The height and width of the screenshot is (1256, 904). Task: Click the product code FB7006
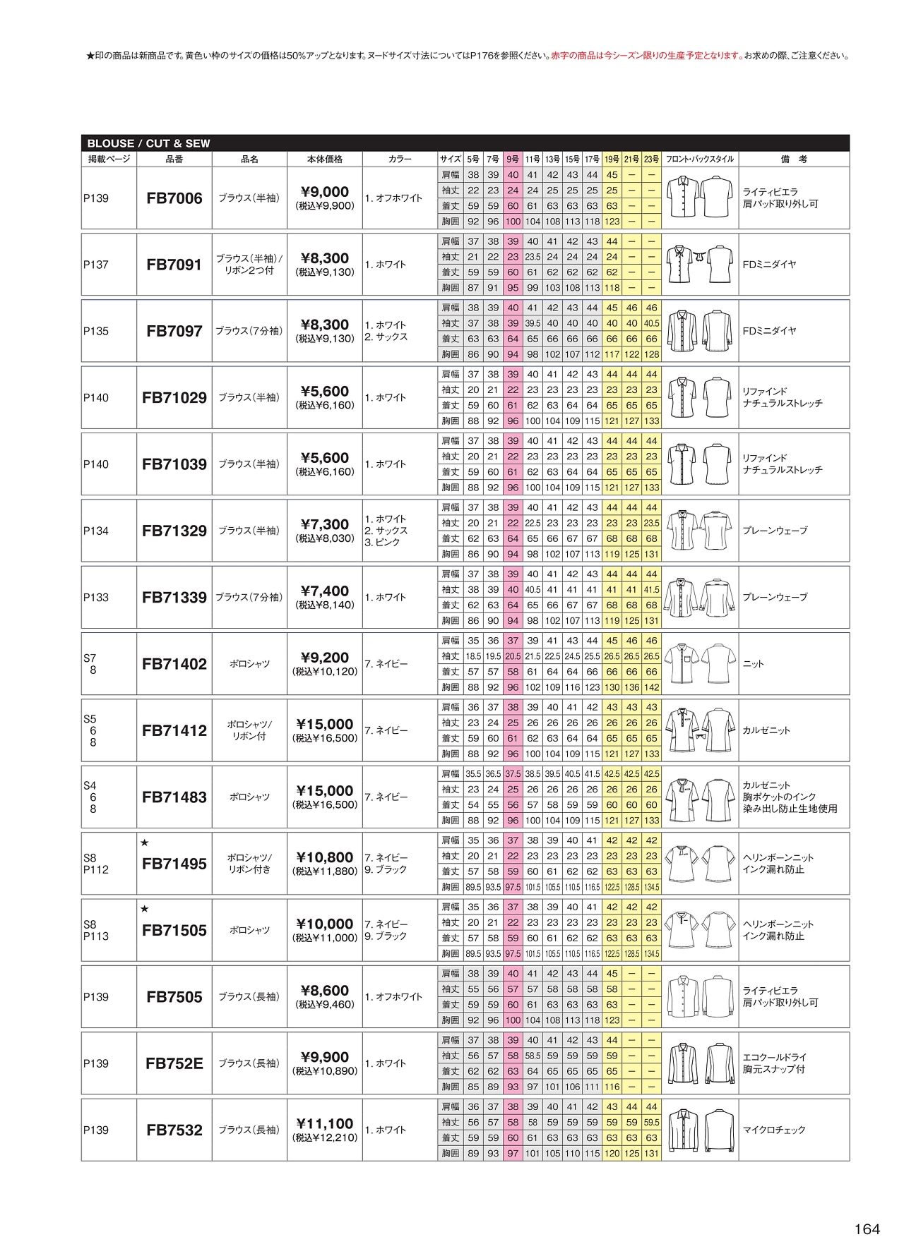click(x=174, y=198)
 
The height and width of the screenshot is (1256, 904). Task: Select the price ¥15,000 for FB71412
click(x=325, y=724)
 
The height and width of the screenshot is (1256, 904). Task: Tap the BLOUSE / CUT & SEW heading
click(x=148, y=143)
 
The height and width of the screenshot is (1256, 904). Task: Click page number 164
click(x=867, y=1228)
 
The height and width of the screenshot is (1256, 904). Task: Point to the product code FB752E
click(x=174, y=1063)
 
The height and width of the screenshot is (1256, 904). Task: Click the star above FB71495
click(x=145, y=843)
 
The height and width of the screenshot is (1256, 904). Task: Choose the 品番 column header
click(x=174, y=159)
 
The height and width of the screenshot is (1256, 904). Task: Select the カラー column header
click(x=400, y=159)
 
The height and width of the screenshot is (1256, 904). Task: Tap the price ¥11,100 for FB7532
click(x=325, y=1123)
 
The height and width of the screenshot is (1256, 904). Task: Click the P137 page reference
click(x=96, y=265)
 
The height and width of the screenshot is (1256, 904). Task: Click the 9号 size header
click(x=513, y=159)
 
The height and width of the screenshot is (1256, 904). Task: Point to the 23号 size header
click(x=651, y=159)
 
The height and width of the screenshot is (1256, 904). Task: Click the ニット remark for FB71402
click(x=753, y=663)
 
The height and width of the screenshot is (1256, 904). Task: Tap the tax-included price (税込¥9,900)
click(x=325, y=206)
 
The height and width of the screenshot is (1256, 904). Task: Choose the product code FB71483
click(x=174, y=797)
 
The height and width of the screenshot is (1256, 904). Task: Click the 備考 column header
click(x=794, y=159)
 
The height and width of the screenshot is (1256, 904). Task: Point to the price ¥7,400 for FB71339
click(x=325, y=591)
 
